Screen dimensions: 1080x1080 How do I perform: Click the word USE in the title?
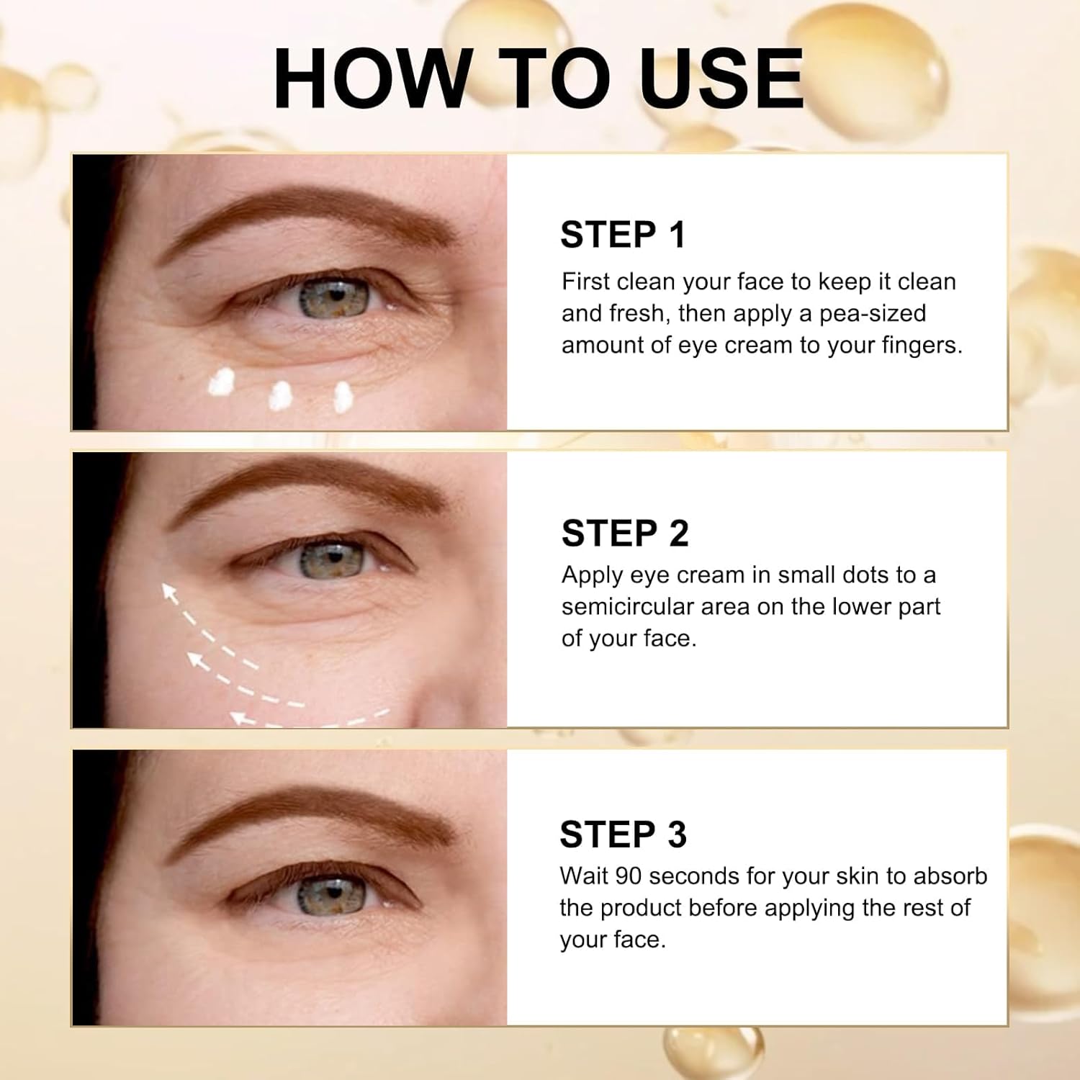tap(721, 78)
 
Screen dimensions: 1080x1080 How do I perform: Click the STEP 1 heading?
tap(623, 235)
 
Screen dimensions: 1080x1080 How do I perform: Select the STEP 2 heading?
tap(625, 534)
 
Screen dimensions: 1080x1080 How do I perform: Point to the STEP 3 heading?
tap(623, 834)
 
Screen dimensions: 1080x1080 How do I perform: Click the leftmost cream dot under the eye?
tap(222, 382)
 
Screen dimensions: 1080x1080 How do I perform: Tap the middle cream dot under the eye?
tap(280, 395)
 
